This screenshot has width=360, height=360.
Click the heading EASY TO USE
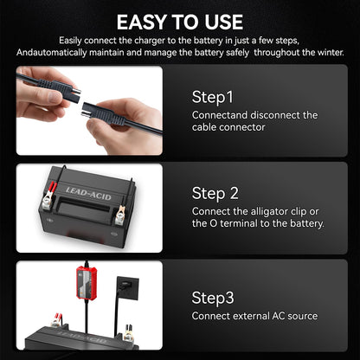[x=179, y=21]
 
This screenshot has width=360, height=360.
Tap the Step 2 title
[x=215, y=191]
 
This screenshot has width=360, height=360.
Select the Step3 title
[x=213, y=296]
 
